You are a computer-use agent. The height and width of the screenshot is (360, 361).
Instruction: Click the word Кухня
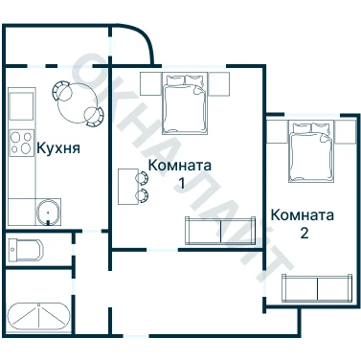[58, 148]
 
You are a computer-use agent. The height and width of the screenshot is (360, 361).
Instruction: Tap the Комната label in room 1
[180, 166]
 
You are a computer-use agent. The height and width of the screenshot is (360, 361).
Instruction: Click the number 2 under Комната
[305, 233]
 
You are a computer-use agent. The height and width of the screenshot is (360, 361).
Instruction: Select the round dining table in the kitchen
[78, 103]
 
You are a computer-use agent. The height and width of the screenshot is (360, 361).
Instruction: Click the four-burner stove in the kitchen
[21, 143]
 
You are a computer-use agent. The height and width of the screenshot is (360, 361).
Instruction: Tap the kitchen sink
[49, 213]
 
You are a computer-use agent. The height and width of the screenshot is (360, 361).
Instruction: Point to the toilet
[25, 249]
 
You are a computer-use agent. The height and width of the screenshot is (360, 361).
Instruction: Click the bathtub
[38, 316]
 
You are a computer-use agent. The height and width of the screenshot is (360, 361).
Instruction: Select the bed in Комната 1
[185, 103]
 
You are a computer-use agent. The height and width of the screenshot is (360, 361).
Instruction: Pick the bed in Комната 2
[311, 151]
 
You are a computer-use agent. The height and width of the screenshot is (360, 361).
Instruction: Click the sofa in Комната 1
[220, 231]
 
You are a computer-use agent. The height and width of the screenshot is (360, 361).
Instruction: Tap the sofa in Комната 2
[317, 288]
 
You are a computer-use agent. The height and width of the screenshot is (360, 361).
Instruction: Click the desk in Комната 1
[127, 187]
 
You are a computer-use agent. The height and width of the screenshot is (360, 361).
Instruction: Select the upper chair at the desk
[143, 178]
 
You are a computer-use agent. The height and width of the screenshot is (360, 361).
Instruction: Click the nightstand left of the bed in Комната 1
[150, 83]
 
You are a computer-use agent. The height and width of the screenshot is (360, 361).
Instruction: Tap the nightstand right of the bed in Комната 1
[219, 84]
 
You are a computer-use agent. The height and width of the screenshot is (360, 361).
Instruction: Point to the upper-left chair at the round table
[61, 90]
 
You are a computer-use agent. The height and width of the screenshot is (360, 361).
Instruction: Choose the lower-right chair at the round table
[94, 116]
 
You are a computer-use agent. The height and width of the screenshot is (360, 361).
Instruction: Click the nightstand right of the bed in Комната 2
[346, 131]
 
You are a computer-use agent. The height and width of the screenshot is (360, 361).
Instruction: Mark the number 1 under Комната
[181, 184]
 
